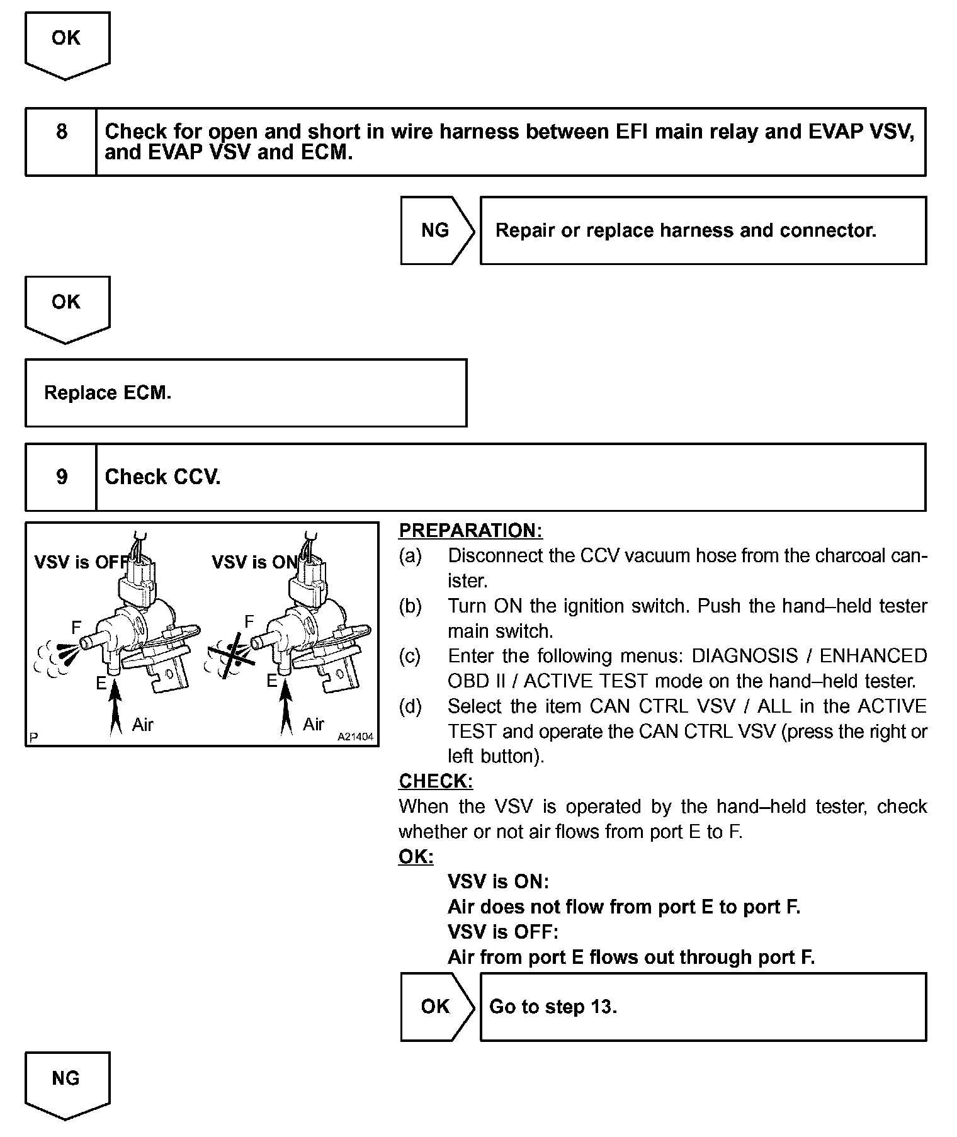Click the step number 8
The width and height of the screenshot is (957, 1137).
pos(61,132)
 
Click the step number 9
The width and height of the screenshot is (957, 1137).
pos(61,477)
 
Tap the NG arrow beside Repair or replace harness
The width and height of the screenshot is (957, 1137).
pos(436,230)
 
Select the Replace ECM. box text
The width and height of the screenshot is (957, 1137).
pos(108,393)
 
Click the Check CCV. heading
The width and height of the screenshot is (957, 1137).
pos(162,477)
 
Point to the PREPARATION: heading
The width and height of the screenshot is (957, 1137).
pos(470,530)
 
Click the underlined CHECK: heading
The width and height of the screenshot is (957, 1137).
pos(436,781)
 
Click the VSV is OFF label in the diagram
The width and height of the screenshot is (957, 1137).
pos(81,562)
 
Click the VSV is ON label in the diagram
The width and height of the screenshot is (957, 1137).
pos(254,562)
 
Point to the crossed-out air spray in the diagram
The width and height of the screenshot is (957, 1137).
pos(231,655)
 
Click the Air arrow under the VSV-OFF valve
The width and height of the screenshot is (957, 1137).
pos(115,708)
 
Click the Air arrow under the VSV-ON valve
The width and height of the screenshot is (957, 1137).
pos(286,708)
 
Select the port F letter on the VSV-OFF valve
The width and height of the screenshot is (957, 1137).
pos(76,627)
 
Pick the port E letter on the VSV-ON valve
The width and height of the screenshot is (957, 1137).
pos(272,681)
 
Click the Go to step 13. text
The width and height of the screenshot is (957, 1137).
pos(553,1007)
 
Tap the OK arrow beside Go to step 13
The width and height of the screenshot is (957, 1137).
pos(436,1006)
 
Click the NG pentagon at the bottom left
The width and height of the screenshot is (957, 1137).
pos(66,1079)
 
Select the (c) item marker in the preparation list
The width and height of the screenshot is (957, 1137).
pos(410,656)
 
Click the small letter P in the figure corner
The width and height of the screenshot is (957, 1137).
pos(33,737)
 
